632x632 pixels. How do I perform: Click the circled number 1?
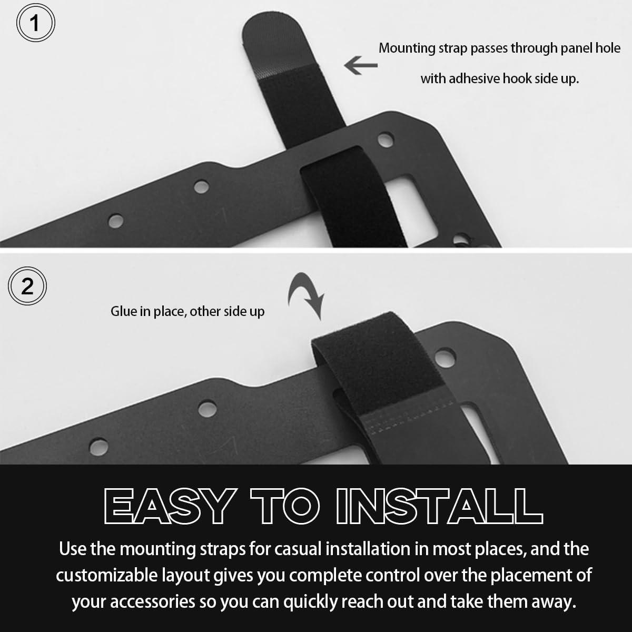pos(35,23)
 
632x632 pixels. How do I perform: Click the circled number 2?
pos(27,286)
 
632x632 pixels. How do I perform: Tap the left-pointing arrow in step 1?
pos(361,65)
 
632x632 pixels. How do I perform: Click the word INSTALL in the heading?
pos(439,506)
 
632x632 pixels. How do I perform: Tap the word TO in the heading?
pos(285,506)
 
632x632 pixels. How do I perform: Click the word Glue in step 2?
pos(124,311)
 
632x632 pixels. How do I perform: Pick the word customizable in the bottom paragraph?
pos(107,576)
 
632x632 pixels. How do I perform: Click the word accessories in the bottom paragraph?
pos(153,602)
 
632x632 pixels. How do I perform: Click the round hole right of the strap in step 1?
pos(386,140)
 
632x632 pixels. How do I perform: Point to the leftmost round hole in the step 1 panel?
pos(116,221)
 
